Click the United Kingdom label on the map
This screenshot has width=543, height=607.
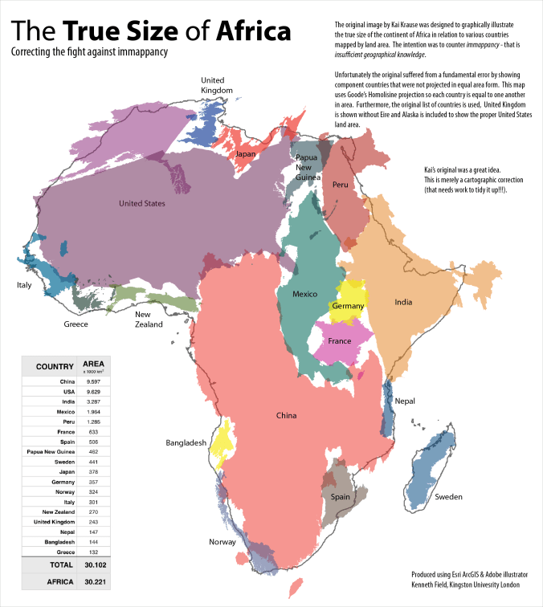216,85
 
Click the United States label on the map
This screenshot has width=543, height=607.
141,204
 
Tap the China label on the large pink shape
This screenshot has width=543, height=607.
286,416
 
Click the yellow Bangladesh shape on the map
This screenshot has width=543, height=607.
221,443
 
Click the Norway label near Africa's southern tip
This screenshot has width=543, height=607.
222,542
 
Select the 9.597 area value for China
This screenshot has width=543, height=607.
93,381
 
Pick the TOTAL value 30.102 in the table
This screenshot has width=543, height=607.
93,565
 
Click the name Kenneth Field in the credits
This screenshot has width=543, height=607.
431,585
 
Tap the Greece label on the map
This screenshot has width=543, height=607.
76,324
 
